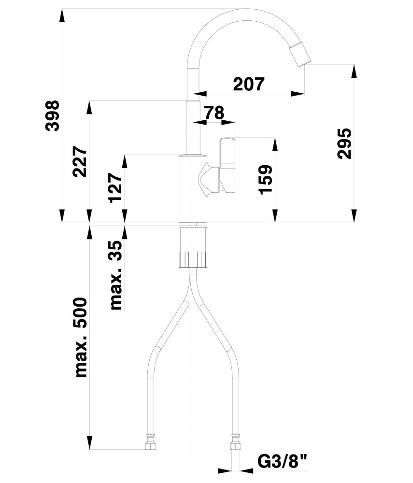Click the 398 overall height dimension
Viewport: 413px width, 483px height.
point(52,115)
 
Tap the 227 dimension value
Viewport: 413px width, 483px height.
point(79,161)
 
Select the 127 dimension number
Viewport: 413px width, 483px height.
point(115,187)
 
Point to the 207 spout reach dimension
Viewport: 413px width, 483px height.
point(249,84)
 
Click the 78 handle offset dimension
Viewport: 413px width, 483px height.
point(214,113)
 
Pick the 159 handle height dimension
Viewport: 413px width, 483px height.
point(265,180)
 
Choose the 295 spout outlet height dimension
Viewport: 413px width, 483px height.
point(344,143)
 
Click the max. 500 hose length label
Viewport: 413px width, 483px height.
point(81,337)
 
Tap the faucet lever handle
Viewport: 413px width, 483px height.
point(228,165)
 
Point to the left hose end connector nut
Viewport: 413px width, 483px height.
point(150,442)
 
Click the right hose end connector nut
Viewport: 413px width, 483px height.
point(236,442)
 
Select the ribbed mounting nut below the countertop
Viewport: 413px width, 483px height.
point(193,259)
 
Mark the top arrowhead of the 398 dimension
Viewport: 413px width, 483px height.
point(62,15)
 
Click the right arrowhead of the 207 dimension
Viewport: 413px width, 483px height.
point(298,94)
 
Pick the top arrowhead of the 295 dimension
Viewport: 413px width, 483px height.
point(354,71)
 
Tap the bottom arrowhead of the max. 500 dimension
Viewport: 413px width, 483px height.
point(89,442)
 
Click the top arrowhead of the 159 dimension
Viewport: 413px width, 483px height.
point(275,144)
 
